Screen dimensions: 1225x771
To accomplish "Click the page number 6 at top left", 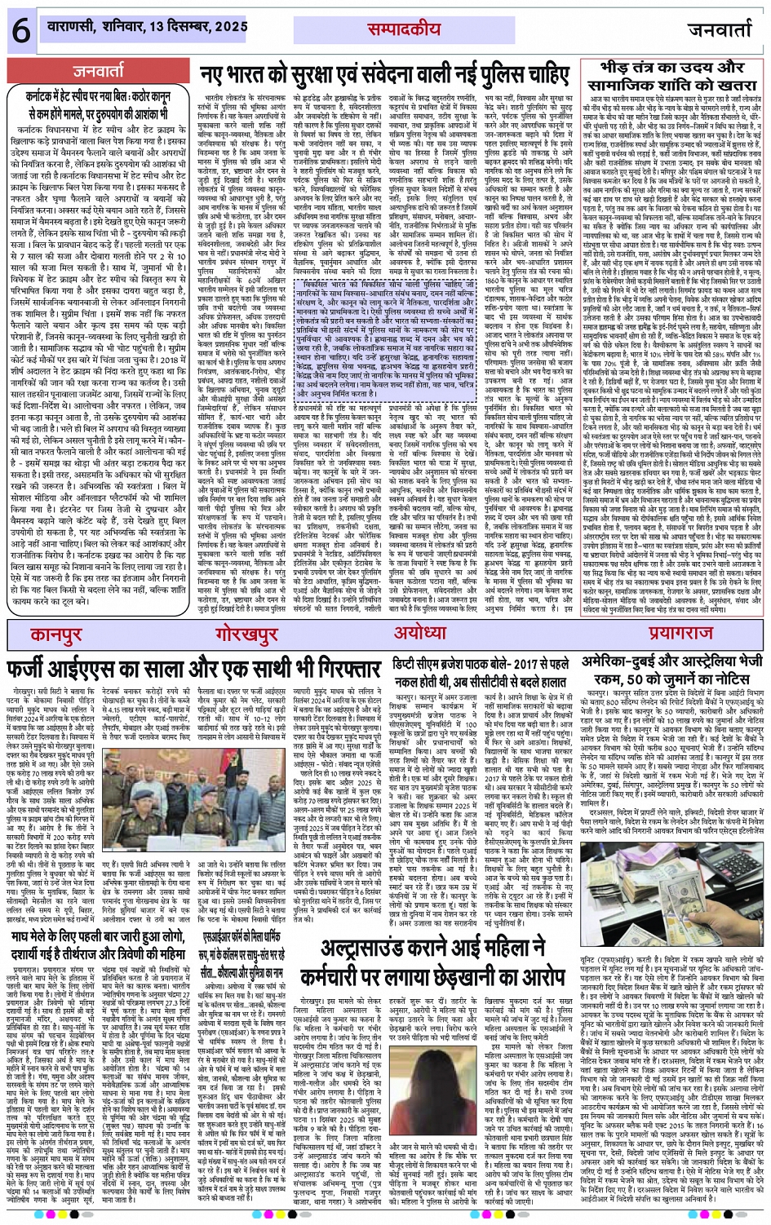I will (x=20, y=30).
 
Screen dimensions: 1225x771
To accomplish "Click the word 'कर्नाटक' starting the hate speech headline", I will (x=47, y=95).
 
